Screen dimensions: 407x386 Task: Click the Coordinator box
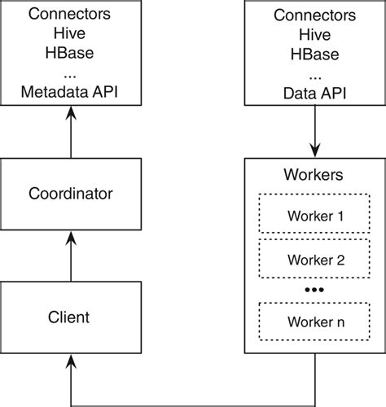click(x=70, y=194)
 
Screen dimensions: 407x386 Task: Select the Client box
click(x=70, y=317)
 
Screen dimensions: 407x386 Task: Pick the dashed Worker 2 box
click(x=314, y=260)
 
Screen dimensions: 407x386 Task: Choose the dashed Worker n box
click(x=314, y=322)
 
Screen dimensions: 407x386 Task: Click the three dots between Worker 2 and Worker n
click(x=314, y=290)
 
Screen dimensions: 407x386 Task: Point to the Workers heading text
click(x=314, y=175)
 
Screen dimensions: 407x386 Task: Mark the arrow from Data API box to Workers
click(x=314, y=134)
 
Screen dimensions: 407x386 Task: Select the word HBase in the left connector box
click(x=70, y=54)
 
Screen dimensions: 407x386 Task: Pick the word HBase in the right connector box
click(x=314, y=54)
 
